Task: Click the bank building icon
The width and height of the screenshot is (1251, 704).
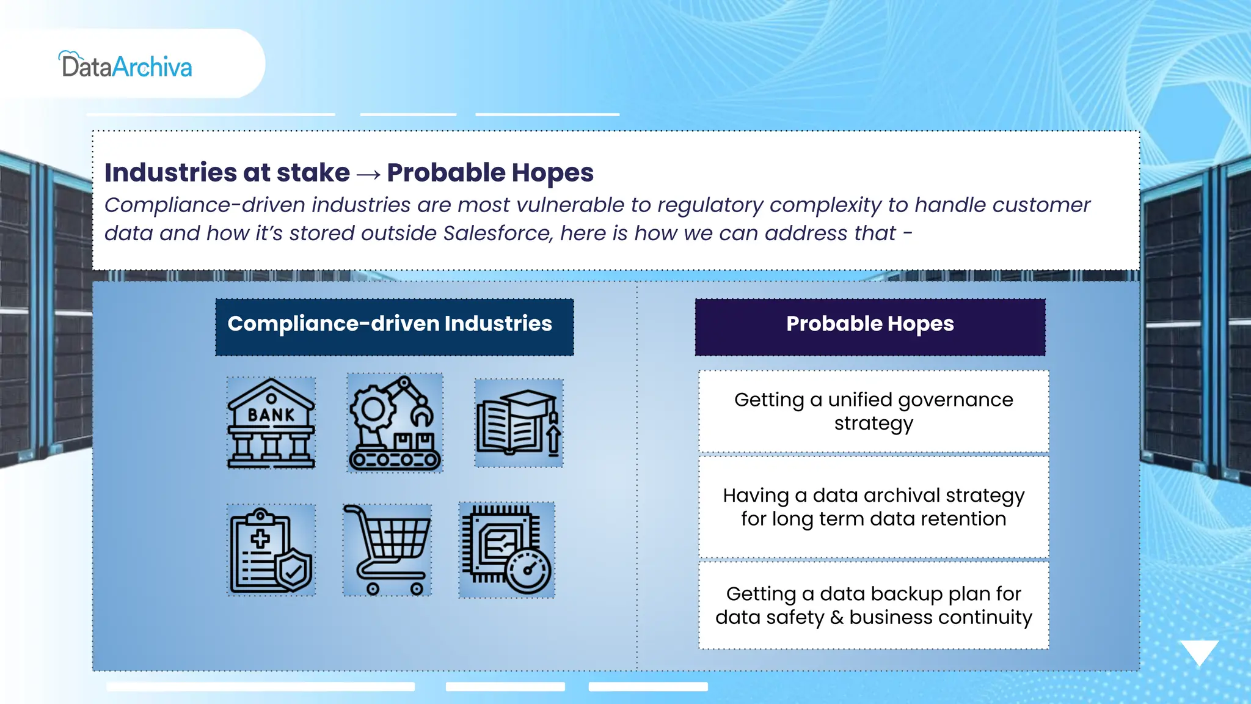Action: point(271,423)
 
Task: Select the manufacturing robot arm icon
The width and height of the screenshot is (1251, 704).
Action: point(395,423)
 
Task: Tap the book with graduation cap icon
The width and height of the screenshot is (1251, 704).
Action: point(519,423)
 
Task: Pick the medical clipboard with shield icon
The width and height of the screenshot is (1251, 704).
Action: point(271,550)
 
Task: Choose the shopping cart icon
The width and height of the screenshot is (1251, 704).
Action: point(387,550)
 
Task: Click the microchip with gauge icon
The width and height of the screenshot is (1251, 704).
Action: point(507,550)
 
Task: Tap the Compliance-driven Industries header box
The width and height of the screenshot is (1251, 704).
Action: point(395,327)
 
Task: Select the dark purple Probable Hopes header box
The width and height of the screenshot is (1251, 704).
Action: point(870,327)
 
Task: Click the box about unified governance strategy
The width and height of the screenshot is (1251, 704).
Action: point(874,411)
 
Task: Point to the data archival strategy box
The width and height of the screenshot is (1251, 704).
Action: point(874,507)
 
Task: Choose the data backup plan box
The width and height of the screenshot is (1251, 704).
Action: point(874,605)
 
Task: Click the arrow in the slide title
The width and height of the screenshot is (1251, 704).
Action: point(368,175)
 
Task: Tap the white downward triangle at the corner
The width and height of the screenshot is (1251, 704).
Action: point(1199,651)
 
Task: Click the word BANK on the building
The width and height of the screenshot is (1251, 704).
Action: point(271,415)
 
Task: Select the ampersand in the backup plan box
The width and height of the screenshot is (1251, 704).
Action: point(837,617)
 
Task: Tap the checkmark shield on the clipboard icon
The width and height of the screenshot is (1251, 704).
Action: point(294,571)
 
